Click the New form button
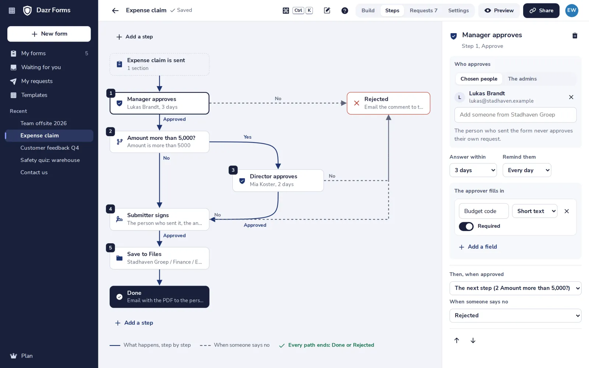[49, 34]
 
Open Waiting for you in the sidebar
[41, 67]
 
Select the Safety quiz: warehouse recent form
[50, 160]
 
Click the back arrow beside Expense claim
[115, 11]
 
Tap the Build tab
[368, 11]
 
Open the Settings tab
[458, 11]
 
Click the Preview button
[499, 11]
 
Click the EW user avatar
[572, 11]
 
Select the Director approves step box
[278, 180]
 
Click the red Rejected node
[388, 103]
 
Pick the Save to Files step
[159, 258]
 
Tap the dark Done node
[159, 297]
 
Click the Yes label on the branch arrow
[247, 137]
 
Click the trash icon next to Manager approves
[575, 35]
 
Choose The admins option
[522, 79]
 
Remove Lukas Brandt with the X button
[571, 97]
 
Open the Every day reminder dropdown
[527, 170]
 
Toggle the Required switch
[466, 226]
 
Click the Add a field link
[478, 247]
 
